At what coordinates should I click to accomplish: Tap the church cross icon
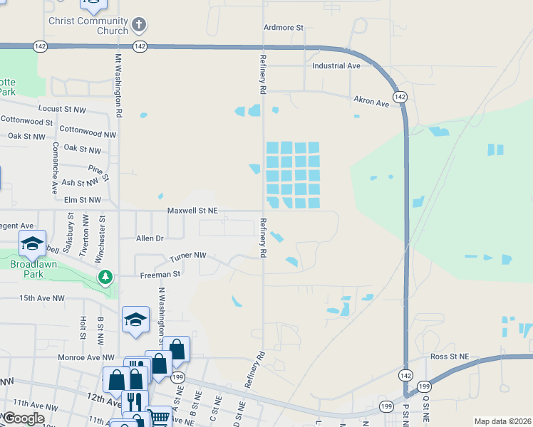(139, 26)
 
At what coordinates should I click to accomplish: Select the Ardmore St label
(284, 27)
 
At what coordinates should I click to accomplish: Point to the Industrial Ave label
(336, 65)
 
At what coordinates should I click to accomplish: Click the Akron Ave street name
(372, 102)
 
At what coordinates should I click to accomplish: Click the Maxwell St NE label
(192, 211)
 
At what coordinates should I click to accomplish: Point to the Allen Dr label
(150, 238)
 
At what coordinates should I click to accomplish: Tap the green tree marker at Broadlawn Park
(105, 276)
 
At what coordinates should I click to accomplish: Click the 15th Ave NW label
(42, 298)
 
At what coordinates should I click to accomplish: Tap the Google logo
(24, 418)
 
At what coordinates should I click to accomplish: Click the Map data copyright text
(502, 421)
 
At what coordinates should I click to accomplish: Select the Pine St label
(98, 172)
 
